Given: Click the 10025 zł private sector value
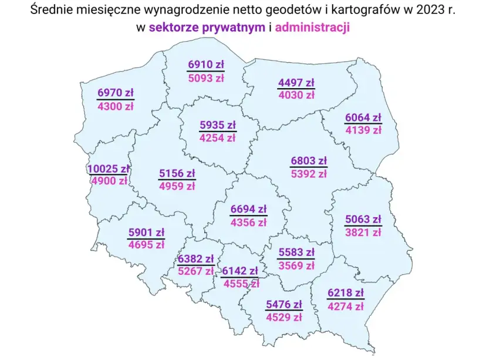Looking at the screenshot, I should [x=108, y=169].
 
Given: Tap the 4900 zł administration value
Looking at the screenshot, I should [x=109, y=181].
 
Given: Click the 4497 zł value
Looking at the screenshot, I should [x=296, y=83].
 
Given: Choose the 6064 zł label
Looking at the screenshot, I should [x=363, y=118].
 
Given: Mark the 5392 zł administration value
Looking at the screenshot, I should [x=309, y=174].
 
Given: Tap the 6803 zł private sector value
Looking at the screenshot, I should [x=309, y=160].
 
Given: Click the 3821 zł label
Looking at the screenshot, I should [x=363, y=232].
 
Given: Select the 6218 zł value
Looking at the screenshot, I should [x=346, y=293].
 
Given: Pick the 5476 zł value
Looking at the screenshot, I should [x=283, y=305].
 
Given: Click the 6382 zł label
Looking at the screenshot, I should [x=195, y=259].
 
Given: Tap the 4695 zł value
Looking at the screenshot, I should [x=146, y=245].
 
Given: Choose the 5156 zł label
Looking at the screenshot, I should [x=177, y=173].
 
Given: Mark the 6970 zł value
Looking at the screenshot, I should [x=116, y=94].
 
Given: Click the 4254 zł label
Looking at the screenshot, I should [x=217, y=139].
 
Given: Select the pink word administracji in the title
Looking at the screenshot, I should [x=312, y=28].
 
